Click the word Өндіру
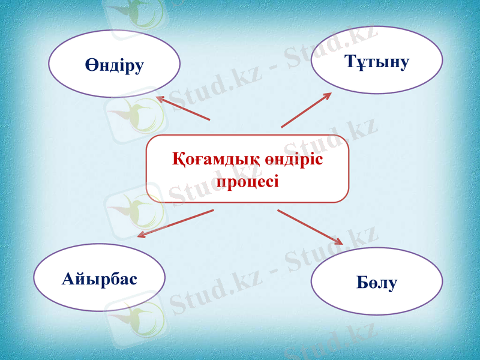pyautogui.click(x=114, y=65)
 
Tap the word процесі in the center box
pyautogui.click(x=247, y=180)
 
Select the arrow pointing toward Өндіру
pyautogui.click(x=183, y=109)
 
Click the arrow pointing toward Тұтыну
pyautogui.click(x=306, y=110)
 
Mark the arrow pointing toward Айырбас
pyautogui.click(x=176, y=223)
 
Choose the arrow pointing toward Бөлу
pyautogui.click(x=310, y=227)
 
